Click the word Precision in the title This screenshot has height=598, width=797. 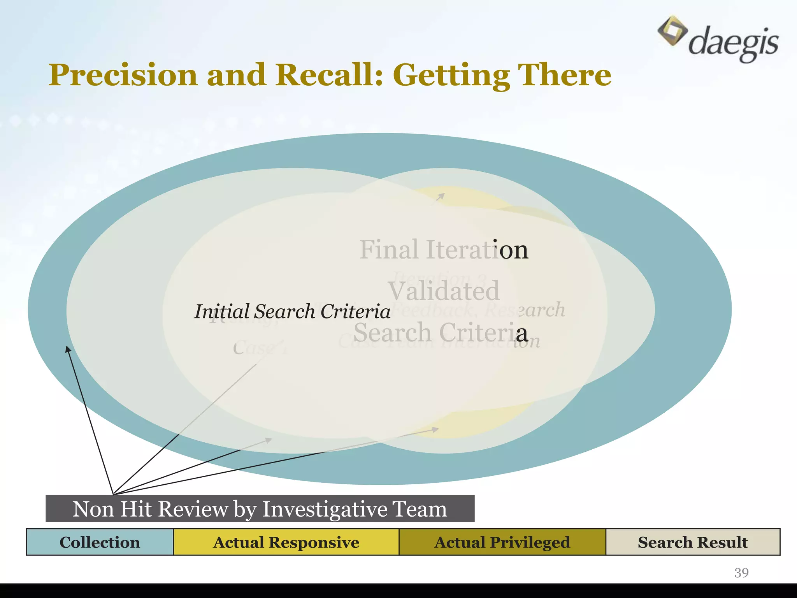point(123,75)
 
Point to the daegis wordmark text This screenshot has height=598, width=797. point(734,43)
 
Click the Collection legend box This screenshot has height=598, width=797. point(100,542)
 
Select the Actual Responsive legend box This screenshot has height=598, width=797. point(286,542)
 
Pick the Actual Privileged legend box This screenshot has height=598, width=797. point(502,542)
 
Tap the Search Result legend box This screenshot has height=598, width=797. point(693,542)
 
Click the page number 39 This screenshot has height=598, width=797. point(741,573)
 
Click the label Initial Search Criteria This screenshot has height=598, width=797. point(292,311)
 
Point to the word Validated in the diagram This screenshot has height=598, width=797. point(444,291)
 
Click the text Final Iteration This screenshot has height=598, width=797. point(444,249)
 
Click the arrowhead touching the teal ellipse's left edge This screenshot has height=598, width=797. point(68,349)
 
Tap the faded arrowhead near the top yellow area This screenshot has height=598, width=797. point(441,196)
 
